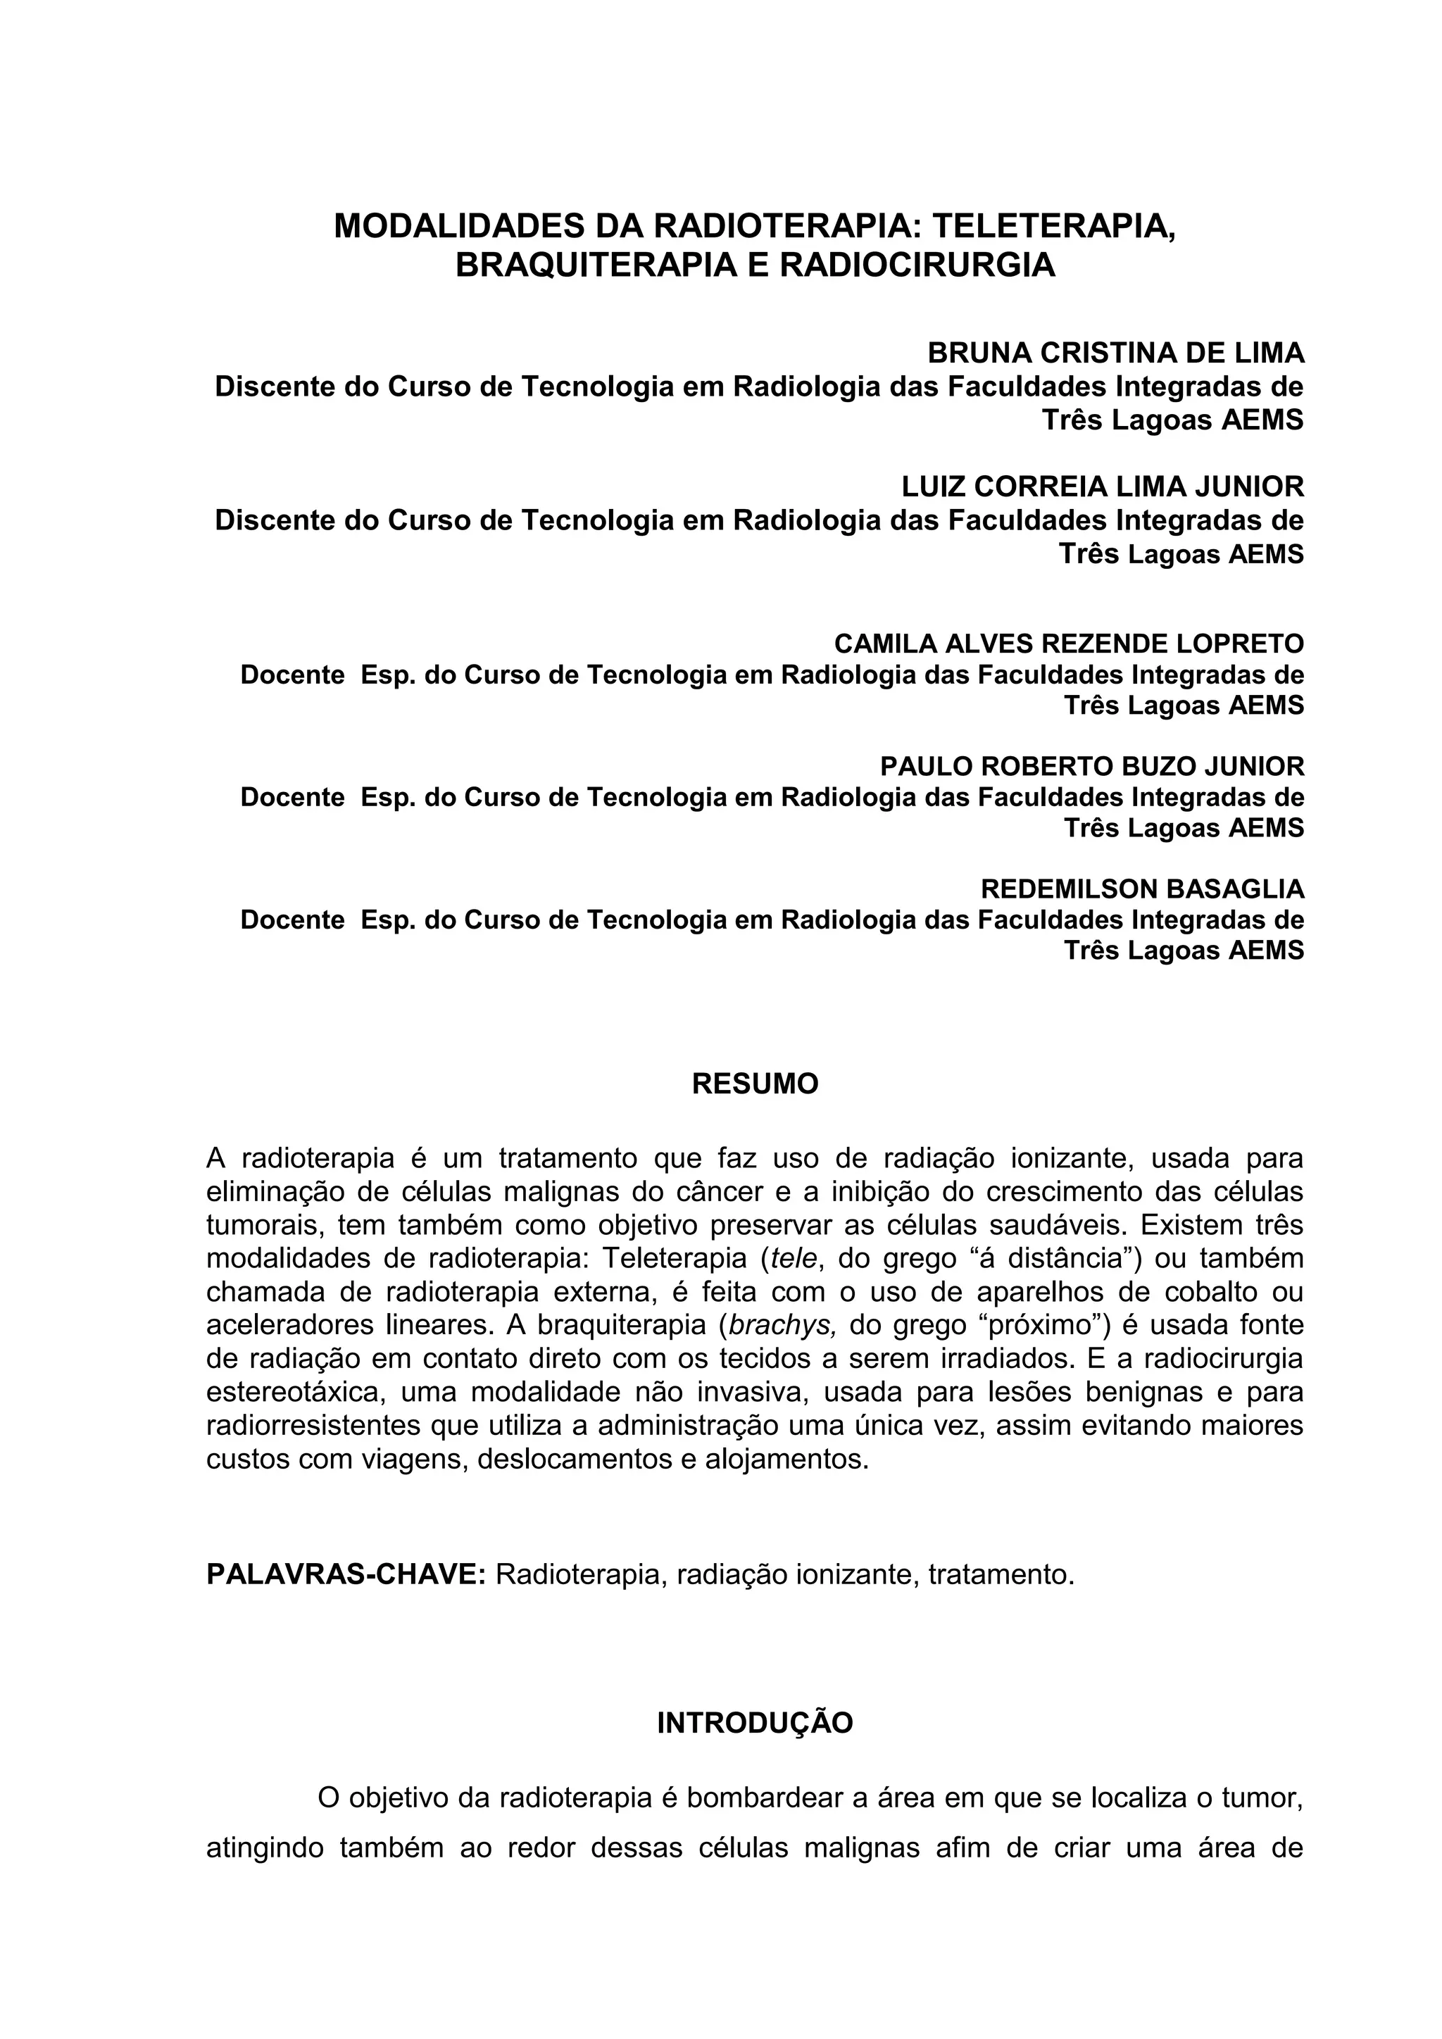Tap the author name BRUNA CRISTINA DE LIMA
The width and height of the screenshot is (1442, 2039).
[1115, 353]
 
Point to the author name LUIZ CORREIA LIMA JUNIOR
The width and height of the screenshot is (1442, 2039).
[1103, 487]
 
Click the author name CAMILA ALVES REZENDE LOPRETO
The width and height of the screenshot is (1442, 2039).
[1069, 643]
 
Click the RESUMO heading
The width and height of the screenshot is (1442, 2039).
[755, 1084]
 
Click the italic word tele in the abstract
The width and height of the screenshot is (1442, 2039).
[794, 1260]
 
